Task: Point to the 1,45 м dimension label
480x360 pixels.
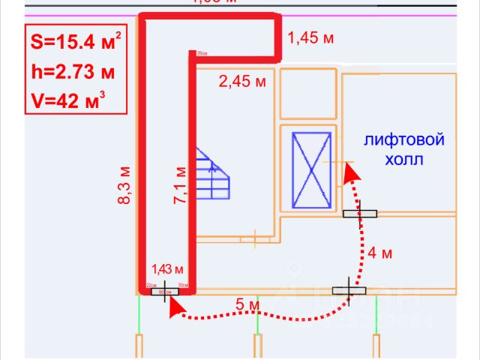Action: (310, 39)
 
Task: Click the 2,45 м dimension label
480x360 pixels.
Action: (242, 82)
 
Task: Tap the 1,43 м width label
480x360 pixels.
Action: (168, 268)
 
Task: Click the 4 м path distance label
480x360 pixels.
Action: (380, 253)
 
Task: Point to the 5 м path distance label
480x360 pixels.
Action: (247, 305)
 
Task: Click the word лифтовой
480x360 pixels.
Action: (404, 140)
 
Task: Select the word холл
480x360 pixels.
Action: (404, 159)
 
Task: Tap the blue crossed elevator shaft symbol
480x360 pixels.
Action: (310, 170)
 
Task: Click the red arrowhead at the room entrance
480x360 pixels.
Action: (173, 304)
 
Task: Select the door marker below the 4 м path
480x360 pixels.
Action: (349, 289)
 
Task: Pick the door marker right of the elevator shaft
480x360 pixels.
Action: (361, 214)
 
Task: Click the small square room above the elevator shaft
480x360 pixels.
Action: (307, 94)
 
